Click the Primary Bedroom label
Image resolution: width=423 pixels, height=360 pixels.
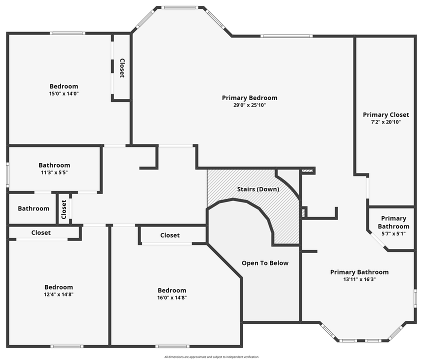(x=249, y=98)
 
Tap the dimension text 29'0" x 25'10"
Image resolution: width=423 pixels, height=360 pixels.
(x=249, y=105)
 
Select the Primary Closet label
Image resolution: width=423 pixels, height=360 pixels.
(x=385, y=115)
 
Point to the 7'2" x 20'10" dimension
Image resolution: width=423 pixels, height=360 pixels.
(x=385, y=122)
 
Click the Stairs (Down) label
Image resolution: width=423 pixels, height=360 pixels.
(x=258, y=189)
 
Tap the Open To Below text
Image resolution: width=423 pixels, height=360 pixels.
(x=265, y=263)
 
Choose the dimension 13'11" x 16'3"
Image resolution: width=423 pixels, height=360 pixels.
(x=359, y=279)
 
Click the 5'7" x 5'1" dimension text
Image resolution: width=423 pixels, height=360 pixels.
(x=393, y=233)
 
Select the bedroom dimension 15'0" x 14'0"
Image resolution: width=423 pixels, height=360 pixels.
(x=63, y=93)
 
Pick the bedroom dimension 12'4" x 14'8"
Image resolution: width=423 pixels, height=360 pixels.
(x=58, y=294)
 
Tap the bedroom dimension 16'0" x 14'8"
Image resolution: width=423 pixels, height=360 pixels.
(x=171, y=297)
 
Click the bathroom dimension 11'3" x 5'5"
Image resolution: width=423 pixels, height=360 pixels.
(x=54, y=172)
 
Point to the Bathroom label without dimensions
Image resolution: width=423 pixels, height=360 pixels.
(x=33, y=208)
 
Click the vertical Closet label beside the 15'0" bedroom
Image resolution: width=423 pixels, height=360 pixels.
(x=121, y=68)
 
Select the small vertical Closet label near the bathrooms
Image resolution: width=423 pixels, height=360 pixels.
(x=64, y=209)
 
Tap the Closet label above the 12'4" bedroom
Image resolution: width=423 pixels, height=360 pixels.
(x=41, y=232)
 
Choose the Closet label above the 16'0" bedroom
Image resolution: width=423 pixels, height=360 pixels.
(x=169, y=235)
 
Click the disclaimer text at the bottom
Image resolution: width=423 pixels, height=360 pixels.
(x=211, y=357)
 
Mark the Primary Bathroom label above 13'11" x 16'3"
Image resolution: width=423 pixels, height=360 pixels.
(x=359, y=272)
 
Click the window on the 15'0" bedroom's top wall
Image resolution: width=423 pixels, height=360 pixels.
(x=67, y=33)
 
